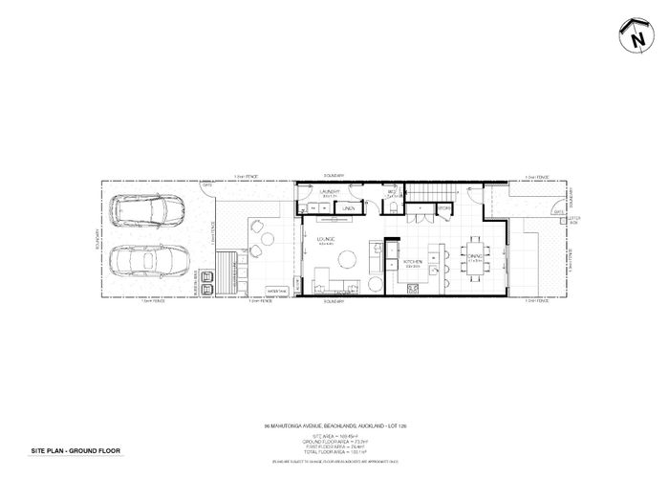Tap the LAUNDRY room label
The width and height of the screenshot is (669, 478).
331,192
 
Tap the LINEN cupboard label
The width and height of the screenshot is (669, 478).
350,207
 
